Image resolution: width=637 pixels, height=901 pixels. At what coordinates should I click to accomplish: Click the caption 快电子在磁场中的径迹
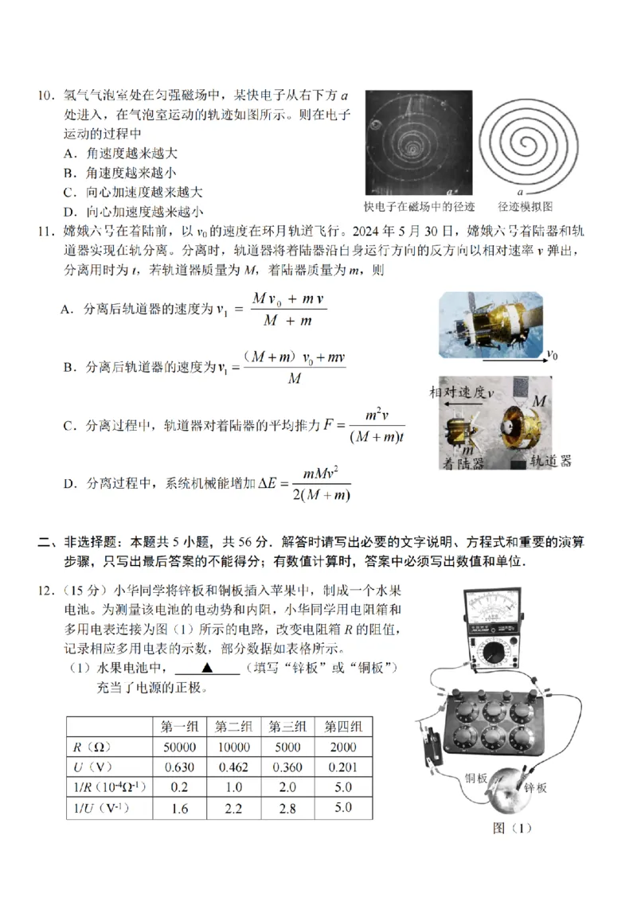click(x=419, y=206)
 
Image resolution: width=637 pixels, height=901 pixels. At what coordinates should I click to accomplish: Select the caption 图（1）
click(x=511, y=828)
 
